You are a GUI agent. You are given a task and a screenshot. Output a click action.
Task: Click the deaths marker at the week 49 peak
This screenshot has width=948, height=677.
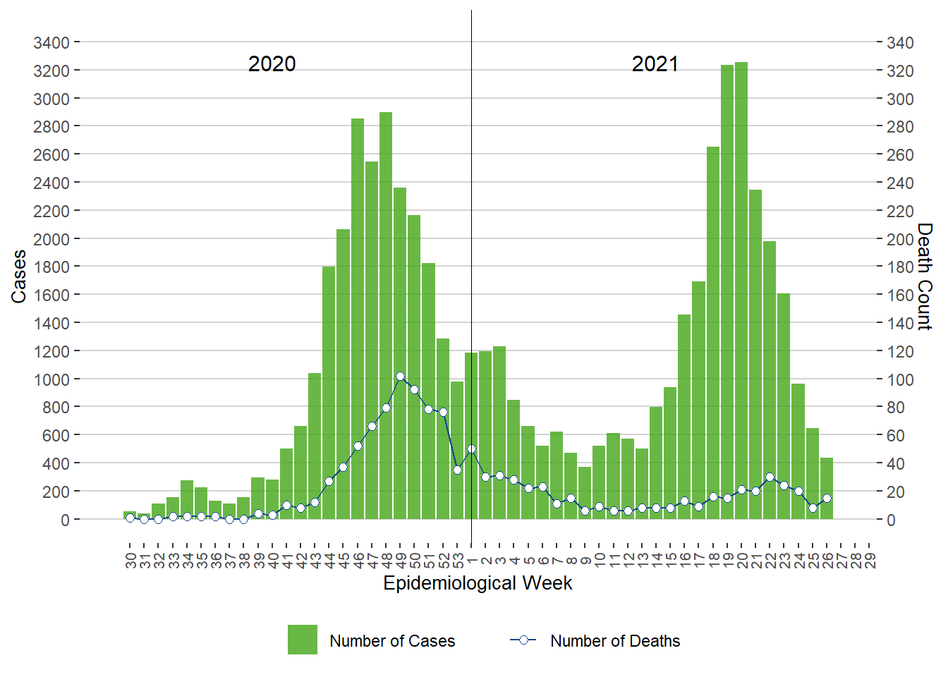coord(400,377)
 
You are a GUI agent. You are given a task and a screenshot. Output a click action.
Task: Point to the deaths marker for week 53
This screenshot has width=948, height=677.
coord(457,470)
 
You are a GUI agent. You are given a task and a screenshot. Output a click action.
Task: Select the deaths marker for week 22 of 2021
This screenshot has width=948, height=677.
coord(770,477)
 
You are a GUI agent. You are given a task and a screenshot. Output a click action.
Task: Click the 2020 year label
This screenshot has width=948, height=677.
coord(272,64)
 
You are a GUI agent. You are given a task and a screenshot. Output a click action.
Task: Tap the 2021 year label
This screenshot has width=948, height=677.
coord(655,64)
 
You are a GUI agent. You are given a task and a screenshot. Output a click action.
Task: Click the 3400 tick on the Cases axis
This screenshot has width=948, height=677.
coord(51,43)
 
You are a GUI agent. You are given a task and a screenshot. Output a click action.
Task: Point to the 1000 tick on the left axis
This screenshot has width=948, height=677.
coord(51,379)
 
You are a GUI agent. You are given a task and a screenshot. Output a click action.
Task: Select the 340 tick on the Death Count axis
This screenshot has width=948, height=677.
coord(900,43)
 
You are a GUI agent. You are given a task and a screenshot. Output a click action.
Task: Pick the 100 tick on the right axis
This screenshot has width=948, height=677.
coord(900,379)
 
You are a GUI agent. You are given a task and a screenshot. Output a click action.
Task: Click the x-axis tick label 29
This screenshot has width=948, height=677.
coord(870,561)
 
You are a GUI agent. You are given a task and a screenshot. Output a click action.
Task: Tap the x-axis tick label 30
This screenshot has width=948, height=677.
coord(130,561)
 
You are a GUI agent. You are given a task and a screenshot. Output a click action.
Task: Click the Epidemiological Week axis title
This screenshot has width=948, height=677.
coord(478,583)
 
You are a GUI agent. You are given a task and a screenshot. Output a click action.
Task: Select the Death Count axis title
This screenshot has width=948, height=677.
coord(925,276)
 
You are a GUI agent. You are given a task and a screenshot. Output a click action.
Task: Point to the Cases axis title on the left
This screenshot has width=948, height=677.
coord(19,276)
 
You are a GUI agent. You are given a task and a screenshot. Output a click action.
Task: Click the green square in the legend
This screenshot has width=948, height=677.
coord(303,640)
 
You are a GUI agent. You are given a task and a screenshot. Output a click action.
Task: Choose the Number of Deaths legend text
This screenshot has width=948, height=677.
coord(615,641)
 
